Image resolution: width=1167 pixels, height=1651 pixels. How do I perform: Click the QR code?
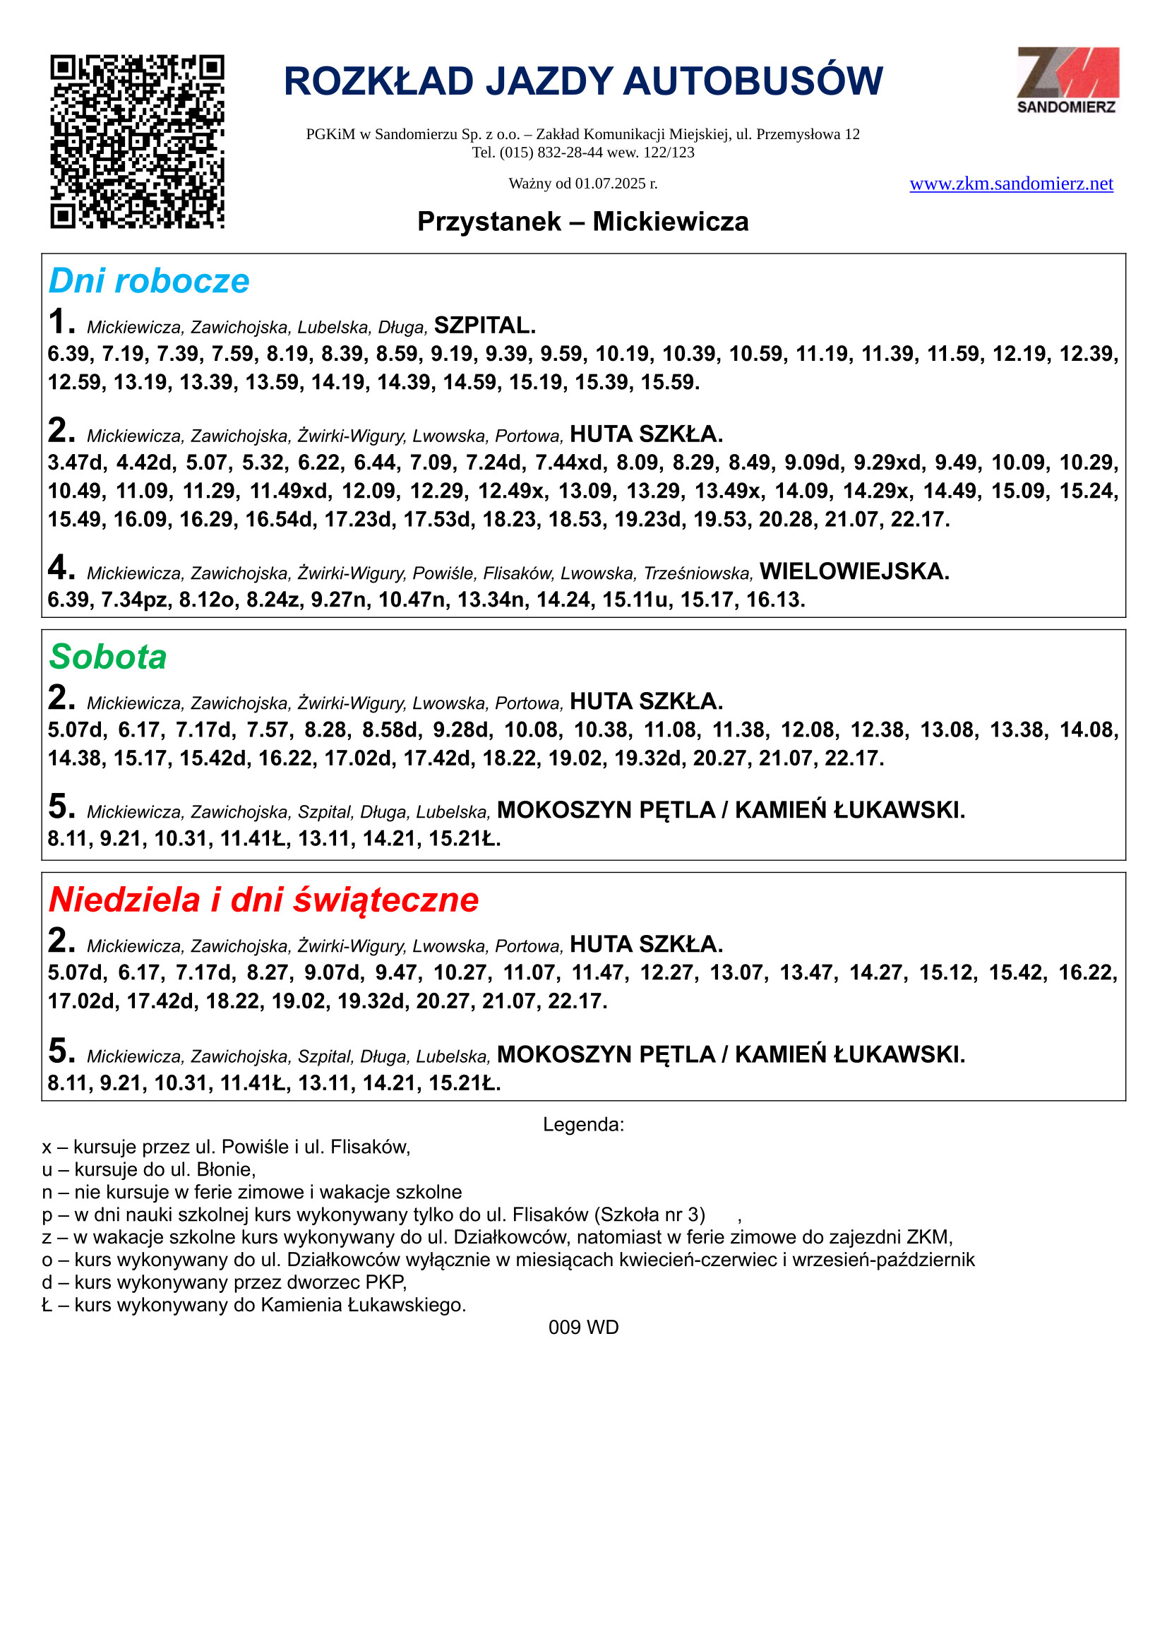pyautogui.click(x=137, y=142)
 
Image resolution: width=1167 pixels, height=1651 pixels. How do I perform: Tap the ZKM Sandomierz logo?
pyautogui.click(x=1067, y=80)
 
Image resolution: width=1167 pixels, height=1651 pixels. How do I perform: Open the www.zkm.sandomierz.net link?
pyautogui.click(x=1011, y=184)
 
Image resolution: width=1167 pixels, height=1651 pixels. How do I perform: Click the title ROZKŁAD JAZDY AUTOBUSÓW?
pyautogui.click(x=583, y=81)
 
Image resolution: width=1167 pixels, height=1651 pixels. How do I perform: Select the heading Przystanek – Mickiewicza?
pyautogui.click(x=583, y=222)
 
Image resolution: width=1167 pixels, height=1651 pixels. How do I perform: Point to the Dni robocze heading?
pyautogui.click(x=149, y=281)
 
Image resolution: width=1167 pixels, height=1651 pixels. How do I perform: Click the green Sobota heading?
pyautogui.click(x=108, y=657)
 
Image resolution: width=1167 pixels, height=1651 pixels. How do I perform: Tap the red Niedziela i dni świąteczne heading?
pyautogui.click(x=264, y=900)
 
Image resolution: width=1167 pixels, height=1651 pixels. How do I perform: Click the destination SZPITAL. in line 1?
pyautogui.click(x=485, y=326)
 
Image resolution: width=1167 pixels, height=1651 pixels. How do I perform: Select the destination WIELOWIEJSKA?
pyautogui.click(x=855, y=572)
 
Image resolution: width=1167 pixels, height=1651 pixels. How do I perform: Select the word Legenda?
pyautogui.click(x=583, y=1125)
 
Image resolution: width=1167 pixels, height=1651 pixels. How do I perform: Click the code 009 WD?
pyautogui.click(x=583, y=1328)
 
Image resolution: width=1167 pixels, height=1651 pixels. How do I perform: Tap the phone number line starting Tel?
pyautogui.click(x=583, y=153)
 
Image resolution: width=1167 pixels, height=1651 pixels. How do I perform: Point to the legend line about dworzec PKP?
pyautogui.click(x=225, y=1282)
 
